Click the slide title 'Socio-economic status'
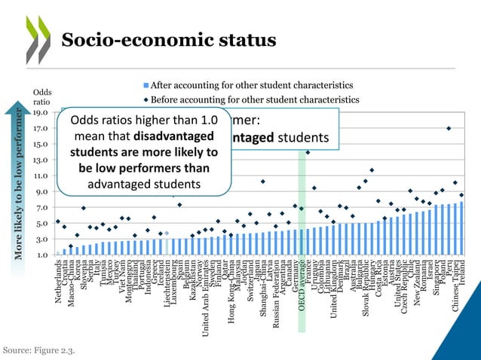(168, 40)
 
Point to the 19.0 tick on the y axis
(41, 113)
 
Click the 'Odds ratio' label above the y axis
(41, 97)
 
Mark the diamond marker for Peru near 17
(449, 129)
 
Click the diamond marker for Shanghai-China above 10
(262, 182)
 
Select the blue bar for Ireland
(461, 229)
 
